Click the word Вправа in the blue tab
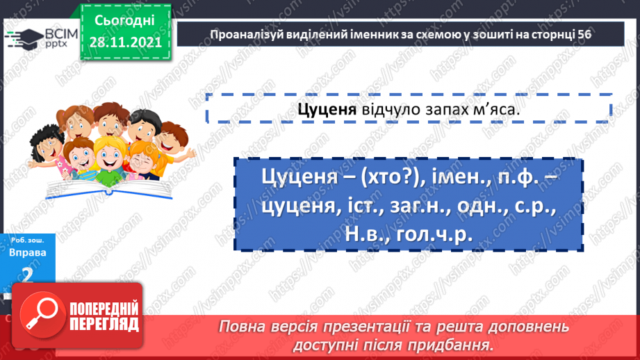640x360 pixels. click(28, 252)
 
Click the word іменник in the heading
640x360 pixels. click(369, 33)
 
